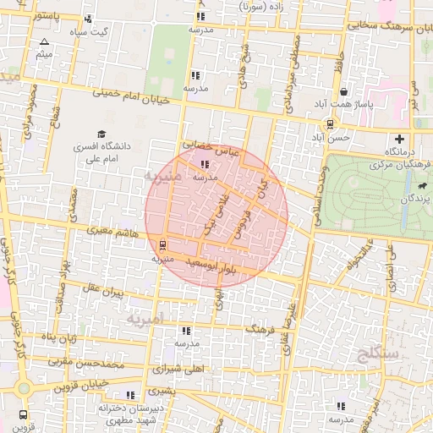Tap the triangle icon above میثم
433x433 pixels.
[x=45, y=41]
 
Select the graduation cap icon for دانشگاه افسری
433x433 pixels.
[x=102, y=134]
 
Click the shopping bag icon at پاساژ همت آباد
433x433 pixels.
[x=343, y=92]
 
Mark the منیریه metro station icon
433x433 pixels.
[x=162, y=246]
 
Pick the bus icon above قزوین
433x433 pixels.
[x=21, y=414]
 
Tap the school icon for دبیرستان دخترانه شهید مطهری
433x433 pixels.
[x=129, y=395]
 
